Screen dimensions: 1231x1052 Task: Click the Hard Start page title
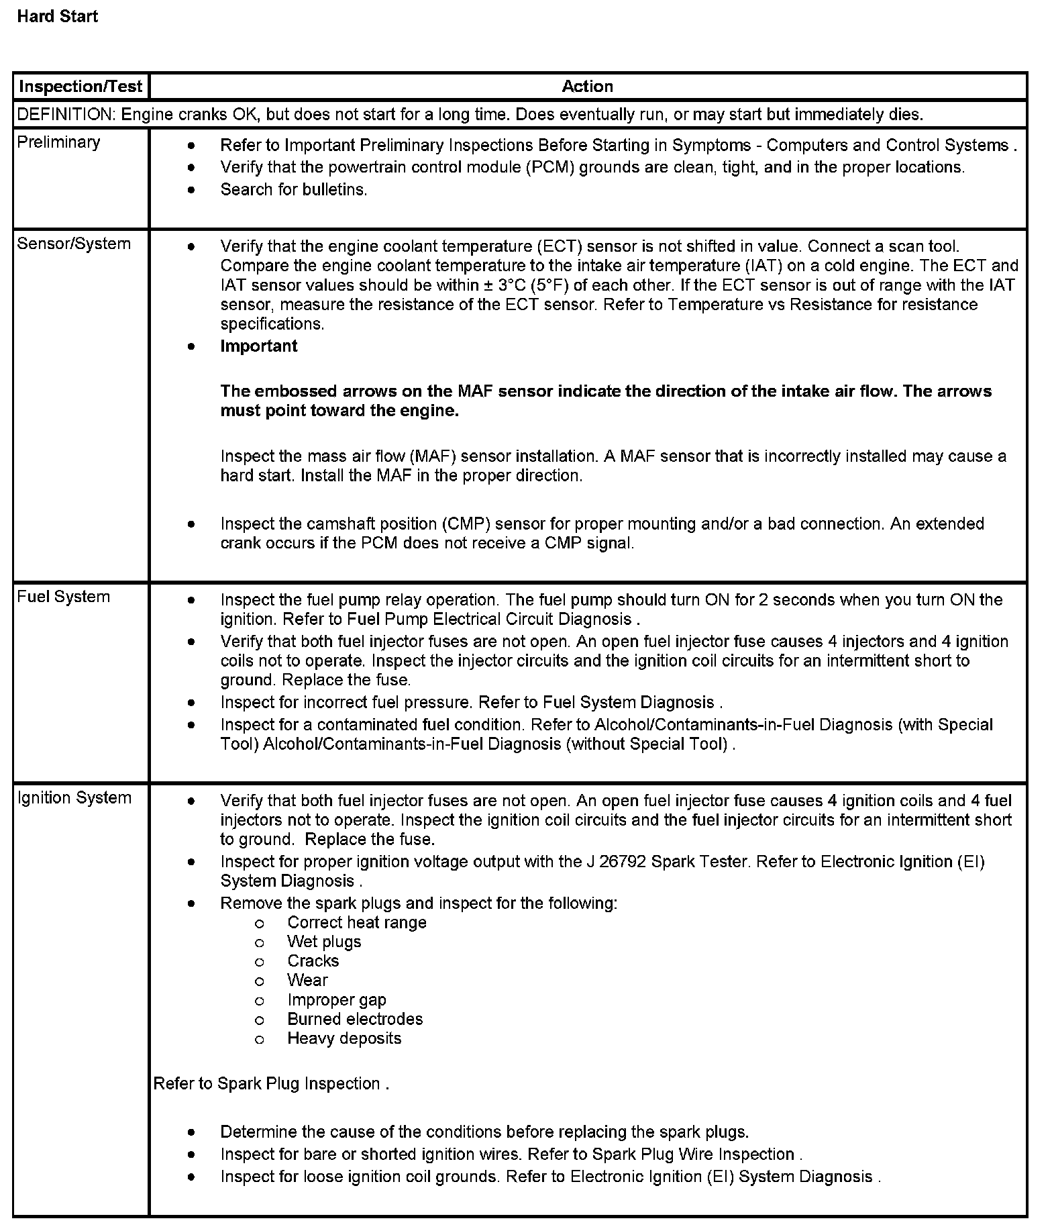tap(57, 17)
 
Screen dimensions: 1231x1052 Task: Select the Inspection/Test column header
tap(81, 87)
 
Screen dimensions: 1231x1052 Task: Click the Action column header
tap(587, 87)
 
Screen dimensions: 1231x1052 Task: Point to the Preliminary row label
tap(58, 142)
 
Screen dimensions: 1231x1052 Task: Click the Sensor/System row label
tap(74, 244)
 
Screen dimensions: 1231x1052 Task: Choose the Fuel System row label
tap(64, 597)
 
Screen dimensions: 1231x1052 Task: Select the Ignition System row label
tap(74, 798)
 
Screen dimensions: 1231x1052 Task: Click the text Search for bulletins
tap(294, 190)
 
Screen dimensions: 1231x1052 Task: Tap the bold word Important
tap(259, 346)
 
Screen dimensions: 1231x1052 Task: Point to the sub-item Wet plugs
tap(324, 942)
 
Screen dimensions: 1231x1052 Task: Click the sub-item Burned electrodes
tap(355, 1020)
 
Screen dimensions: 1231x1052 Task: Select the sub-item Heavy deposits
tap(344, 1039)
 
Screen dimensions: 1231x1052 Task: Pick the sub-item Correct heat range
tap(357, 923)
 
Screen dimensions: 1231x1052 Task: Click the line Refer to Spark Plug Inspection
tap(271, 1084)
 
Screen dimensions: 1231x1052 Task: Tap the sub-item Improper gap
tap(337, 1000)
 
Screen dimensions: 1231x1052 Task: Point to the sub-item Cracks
tap(313, 961)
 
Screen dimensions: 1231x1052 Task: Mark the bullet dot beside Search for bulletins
tap(192, 190)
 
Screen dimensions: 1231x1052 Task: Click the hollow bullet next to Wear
tap(260, 981)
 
